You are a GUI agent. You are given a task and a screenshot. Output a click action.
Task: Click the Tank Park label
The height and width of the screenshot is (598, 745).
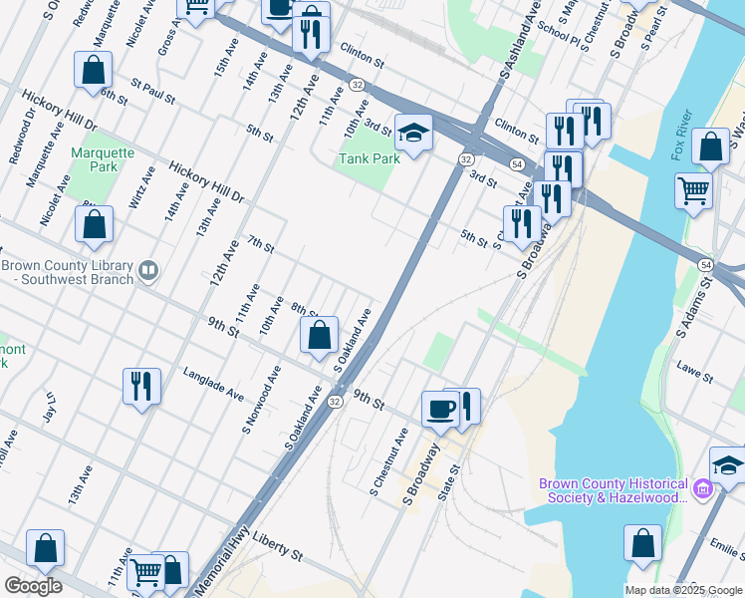(369, 158)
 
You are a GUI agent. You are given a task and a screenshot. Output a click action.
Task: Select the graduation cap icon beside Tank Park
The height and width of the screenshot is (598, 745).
(413, 132)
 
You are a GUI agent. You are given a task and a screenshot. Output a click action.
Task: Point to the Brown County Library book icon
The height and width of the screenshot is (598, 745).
(148, 270)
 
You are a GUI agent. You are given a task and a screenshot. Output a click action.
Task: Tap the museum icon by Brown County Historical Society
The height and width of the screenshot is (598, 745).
(703, 488)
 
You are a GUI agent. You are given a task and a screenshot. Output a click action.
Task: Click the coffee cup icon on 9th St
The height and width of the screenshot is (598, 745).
(439, 408)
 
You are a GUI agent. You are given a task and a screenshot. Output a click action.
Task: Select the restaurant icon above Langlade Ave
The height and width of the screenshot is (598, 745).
(141, 385)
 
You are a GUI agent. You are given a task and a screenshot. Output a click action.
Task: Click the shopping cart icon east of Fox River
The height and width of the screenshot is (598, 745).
(692, 189)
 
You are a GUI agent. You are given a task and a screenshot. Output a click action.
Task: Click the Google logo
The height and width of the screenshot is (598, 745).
(33, 586)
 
